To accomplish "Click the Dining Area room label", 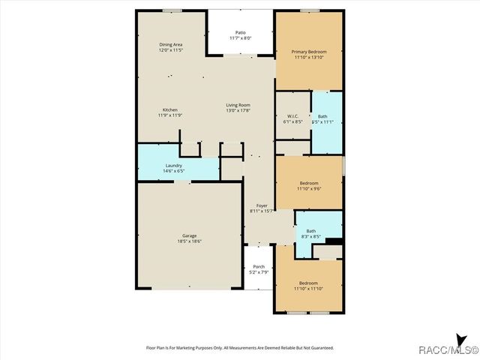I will point(171,45).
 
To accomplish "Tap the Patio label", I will point(240,32).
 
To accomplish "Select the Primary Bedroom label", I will point(309,52).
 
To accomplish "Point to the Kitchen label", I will point(170,110).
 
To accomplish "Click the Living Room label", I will point(238,105).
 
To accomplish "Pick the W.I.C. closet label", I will point(292,116).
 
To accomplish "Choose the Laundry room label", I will point(174,165).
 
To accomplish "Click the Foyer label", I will point(262,205).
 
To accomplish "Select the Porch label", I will point(259,267).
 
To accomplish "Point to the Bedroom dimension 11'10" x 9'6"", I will point(310,189).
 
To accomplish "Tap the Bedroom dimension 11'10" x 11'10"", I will point(309,289).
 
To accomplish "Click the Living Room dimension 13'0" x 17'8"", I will point(238,110).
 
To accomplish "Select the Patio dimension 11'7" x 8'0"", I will point(240,38).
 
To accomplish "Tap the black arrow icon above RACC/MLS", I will point(461,339).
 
